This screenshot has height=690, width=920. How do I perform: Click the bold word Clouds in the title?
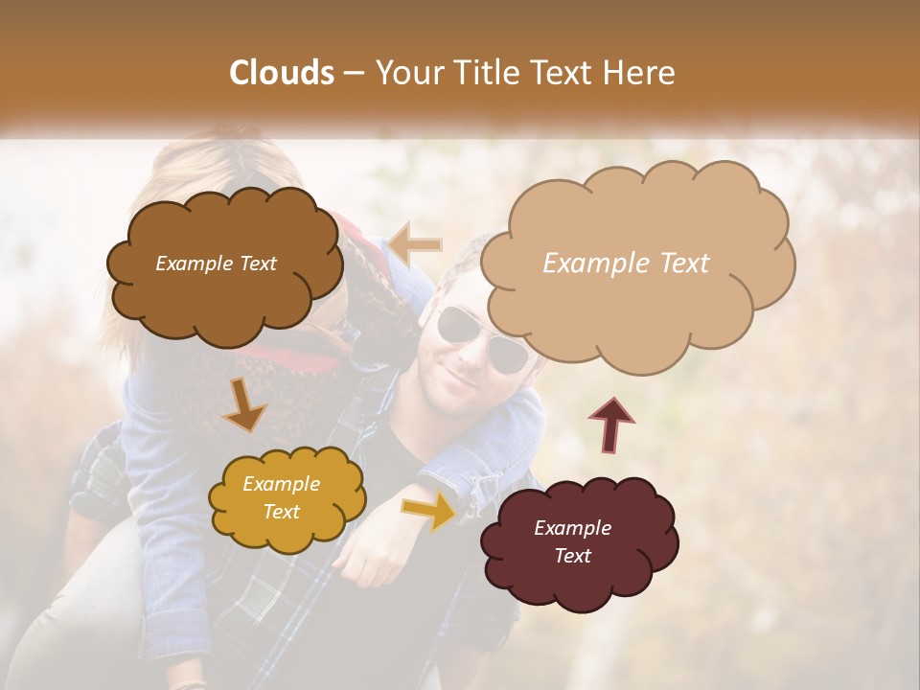(x=282, y=73)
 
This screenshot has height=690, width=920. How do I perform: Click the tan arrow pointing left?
(x=416, y=245)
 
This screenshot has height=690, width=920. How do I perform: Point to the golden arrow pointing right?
(x=429, y=511)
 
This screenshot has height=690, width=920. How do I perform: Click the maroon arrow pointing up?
(x=610, y=423)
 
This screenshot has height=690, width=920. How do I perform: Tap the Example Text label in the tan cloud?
(x=626, y=264)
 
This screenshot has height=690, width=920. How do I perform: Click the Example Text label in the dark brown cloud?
(x=216, y=264)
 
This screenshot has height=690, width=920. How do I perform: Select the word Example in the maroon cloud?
(x=572, y=528)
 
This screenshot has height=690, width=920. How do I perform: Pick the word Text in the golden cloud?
(x=281, y=512)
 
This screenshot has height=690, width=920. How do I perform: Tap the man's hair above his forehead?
(x=470, y=268)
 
